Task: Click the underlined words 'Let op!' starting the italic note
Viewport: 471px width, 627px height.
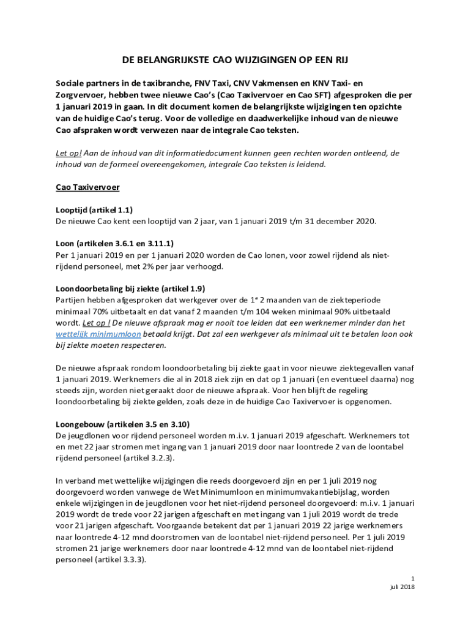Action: point(69,153)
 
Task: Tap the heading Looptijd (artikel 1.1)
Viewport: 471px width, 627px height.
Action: point(94,209)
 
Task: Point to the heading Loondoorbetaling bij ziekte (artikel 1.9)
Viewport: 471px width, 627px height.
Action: point(130,288)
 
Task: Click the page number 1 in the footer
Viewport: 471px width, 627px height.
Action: point(413,579)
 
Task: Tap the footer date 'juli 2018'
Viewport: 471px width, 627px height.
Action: point(402,588)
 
